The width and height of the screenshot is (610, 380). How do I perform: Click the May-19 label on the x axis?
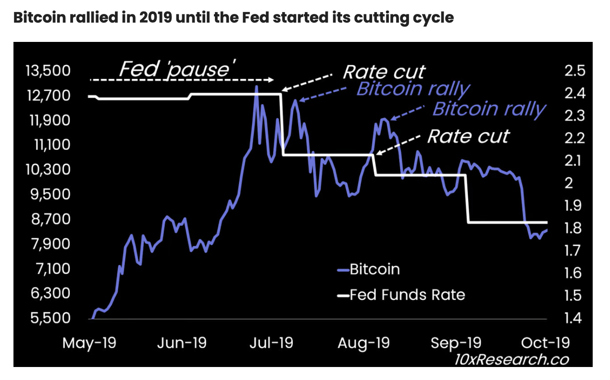click(x=89, y=343)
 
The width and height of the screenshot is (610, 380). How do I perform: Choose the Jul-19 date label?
click(x=272, y=343)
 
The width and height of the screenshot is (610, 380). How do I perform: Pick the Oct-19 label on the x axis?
click(x=545, y=343)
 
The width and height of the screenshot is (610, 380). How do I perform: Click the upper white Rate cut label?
click(x=384, y=72)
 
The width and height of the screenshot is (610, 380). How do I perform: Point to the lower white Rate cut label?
click(x=468, y=136)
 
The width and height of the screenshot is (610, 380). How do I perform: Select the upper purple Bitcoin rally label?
click(x=413, y=90)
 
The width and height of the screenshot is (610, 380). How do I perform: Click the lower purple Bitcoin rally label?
click(x=489, y=109)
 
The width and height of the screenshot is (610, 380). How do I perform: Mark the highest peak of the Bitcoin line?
click(x=256, y=87)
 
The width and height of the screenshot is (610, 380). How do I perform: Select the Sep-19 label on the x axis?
click(x=456, y=343)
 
